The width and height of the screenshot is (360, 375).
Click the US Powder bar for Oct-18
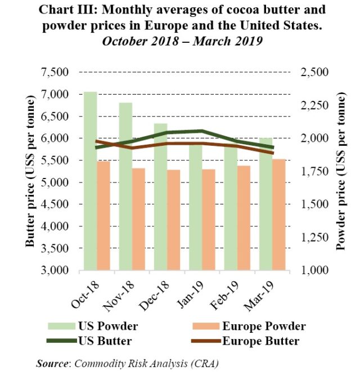(90, 181)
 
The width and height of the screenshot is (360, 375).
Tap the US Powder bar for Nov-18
(125, 186)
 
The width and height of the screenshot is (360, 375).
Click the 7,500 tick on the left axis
(55, 73)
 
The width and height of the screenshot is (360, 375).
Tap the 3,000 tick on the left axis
(55, 270)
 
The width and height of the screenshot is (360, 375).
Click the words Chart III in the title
(74, 11)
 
